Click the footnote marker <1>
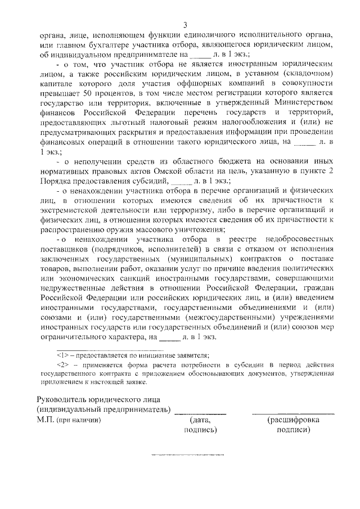(x=62, y=355)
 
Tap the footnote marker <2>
(x=62, y=365)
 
